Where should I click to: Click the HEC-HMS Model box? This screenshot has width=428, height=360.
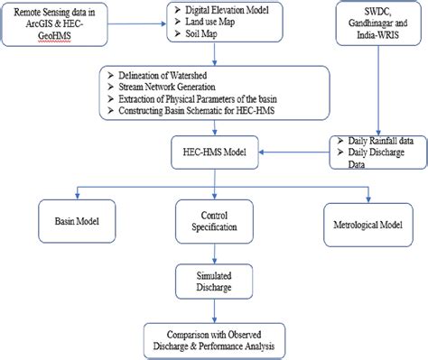coord(213,148)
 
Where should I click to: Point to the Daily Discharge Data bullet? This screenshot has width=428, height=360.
coord(370,160)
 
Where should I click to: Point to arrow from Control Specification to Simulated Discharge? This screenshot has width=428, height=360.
coord(214,253)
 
